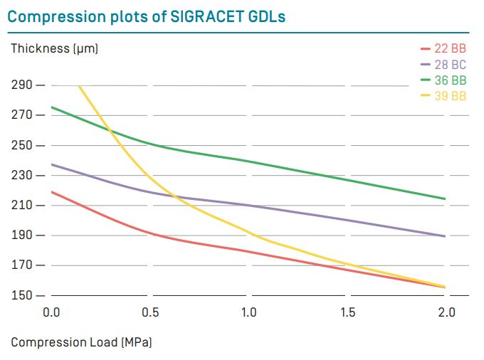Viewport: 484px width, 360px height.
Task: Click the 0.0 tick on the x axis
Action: [51, 312]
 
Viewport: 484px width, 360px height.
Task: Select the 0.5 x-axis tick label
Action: [150, 312]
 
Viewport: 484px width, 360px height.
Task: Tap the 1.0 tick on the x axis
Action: [248, 312]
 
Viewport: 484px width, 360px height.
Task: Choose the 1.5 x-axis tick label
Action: [347, 312]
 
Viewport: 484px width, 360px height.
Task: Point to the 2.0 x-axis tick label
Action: [446, 312]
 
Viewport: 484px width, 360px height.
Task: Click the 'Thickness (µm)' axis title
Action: [54, 49]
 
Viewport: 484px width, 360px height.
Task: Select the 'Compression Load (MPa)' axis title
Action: [81, 342]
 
